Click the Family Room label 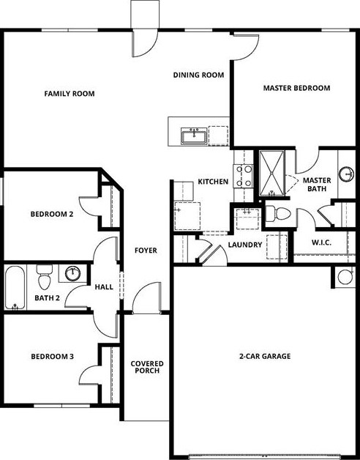[x=70, y=94]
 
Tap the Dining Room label [x=198, y=75]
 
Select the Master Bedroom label [x=296, y=88]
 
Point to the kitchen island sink [x=195, y=136]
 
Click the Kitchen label [x=213, y=182]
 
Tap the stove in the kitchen [x=243, y=176]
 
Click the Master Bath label [x=317, y=185]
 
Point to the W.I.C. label [x=322, y=242]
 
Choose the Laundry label [x=244, y=245]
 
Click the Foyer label [x=146, y=251]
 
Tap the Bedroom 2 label [x=51, y=215]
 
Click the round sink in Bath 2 [x=72, y=275]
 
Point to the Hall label [x=104, y=286]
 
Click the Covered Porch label [x=146, y=368]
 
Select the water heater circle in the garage [x=345, y=276]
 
